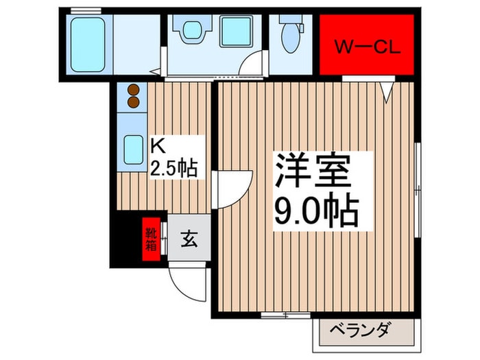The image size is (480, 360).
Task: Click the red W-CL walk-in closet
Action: point(367,46)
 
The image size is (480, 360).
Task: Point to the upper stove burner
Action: point(133,91)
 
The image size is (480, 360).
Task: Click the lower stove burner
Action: point(133,103)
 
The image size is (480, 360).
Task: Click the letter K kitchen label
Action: point(157,146)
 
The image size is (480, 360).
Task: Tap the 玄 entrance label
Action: point(189,240)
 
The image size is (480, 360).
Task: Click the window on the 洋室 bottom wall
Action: point(285,315)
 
